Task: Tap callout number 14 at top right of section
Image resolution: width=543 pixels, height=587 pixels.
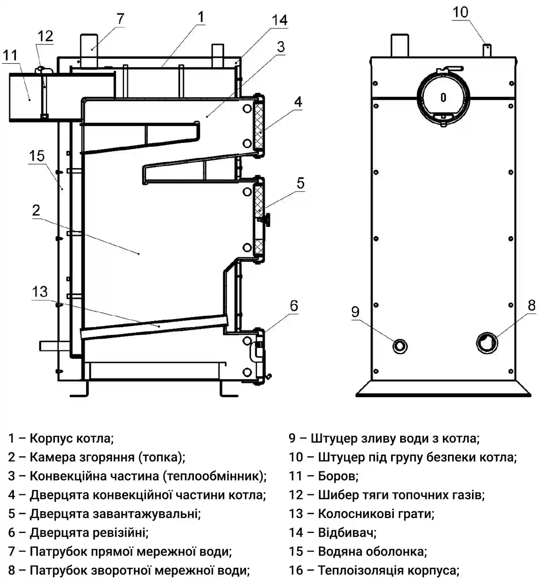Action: (x=279, y=20)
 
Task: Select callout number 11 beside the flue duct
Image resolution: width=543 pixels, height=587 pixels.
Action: (x=10, y=55)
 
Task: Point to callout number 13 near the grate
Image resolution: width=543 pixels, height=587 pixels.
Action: (x=40, y=292)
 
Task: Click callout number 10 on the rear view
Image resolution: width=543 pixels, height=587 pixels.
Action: (x=460, y=12)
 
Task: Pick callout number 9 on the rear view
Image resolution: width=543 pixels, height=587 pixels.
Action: (x=355, y=311)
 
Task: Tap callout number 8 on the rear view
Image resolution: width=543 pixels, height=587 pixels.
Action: (x=531, y=306)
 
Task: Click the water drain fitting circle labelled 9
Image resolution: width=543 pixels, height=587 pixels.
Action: (x=400, y=346)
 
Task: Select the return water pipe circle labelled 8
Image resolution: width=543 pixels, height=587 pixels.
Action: (x=487, y=343)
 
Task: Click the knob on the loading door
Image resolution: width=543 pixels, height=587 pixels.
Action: (x=267, y=220)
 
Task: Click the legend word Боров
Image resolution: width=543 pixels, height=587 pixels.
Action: (x=338, y=476)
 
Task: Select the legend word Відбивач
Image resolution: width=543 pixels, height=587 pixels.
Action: (x=347, y=532)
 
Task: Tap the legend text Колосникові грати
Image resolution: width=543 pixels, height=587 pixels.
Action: (x=376, y=513)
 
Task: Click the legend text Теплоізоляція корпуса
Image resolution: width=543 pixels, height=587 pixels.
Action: (x=389, y=570)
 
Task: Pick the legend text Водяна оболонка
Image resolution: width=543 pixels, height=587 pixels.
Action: (x=372, y=551)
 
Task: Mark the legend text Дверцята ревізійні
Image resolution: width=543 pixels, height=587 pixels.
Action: (x=89, y=532)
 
